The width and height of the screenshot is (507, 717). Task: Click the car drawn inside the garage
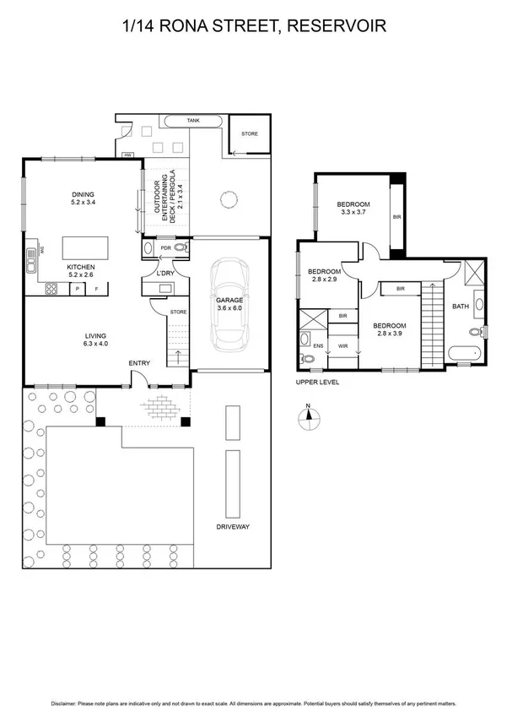[x=229, y=306]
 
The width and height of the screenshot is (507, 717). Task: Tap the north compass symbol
[x=309, y=416]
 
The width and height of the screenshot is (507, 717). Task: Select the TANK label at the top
[x=193, y=122]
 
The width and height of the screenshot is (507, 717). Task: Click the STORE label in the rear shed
[x=249, y=134]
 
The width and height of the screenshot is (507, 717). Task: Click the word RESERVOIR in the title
[x=337, y=27]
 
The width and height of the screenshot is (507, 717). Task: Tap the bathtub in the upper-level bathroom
[x=463, y=354]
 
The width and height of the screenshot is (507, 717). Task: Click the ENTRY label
[x=139, y=363]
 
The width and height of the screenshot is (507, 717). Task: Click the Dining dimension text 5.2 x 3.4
[x=83, y=203]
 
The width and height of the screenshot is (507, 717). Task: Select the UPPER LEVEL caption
[x=316, y=382]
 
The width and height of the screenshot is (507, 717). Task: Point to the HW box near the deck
[x=127, y=155]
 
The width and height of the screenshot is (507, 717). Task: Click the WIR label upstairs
[x=342, y=345]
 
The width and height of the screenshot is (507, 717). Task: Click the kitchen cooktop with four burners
[x=51, y=288]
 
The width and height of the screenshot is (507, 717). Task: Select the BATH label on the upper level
[x=460, y=307]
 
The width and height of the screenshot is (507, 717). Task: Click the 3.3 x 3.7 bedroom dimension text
[x=353, y=213]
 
